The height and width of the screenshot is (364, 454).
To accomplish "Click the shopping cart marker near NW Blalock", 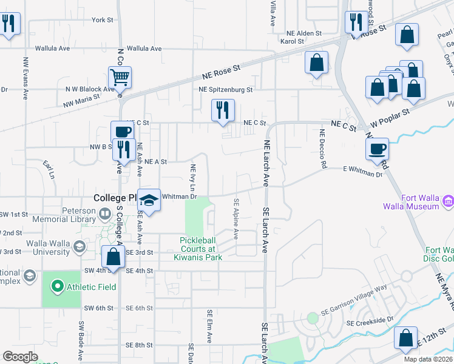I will (x=120, y=78).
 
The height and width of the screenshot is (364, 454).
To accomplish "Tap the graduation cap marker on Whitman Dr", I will (x=149, y=200).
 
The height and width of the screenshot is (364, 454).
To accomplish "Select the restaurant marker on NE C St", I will (x=223, y=110).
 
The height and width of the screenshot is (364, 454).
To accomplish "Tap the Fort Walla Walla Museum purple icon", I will (x=449, y=201).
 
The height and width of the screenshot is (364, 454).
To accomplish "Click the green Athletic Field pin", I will (x=57, y=285).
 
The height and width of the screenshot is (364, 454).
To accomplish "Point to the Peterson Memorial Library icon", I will (x=104, y=214).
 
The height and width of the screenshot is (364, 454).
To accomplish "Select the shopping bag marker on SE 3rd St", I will (x=113, y=256).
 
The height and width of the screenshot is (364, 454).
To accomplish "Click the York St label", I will (x=102, y=20).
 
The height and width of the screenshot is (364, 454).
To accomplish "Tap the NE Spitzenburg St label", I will (x=225, y=89).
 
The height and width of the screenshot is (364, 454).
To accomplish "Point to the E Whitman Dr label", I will (x=363, y=172).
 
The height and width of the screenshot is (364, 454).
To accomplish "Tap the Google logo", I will (x=20, y=357).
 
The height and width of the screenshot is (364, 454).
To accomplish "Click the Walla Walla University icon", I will (x=78, y=246).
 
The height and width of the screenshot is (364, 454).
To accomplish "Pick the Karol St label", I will (x=291, y=41).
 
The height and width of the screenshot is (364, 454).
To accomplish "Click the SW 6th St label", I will (x=99, y=308).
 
